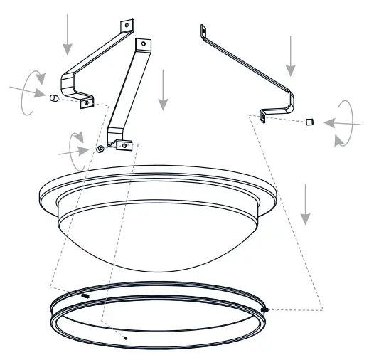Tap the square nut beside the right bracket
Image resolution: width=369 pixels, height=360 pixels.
tap(309, 122)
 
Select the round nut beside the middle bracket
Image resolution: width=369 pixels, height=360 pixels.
tap(100, 149)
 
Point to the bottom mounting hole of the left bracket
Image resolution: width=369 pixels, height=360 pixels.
tap(87, 103)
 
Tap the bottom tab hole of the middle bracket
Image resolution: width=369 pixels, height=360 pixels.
tap(124, 145)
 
